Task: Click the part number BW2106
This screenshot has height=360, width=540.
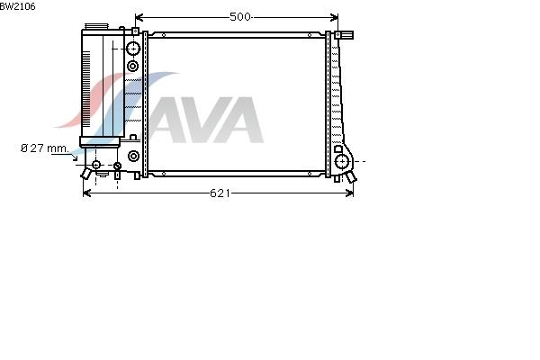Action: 17,6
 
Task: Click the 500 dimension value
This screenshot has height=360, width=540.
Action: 240,16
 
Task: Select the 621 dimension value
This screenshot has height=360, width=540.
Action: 220,193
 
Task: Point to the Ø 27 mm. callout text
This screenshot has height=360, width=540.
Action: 45,148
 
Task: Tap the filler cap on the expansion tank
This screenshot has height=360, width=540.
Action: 96,26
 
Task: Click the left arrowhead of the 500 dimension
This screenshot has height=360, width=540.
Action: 139,17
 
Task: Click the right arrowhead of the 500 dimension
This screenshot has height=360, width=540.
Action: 334,17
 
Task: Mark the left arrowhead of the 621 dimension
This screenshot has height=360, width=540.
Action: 86,193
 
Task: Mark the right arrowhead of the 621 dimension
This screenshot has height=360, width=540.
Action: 349,193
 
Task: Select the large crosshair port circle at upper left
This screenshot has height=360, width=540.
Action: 133,49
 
